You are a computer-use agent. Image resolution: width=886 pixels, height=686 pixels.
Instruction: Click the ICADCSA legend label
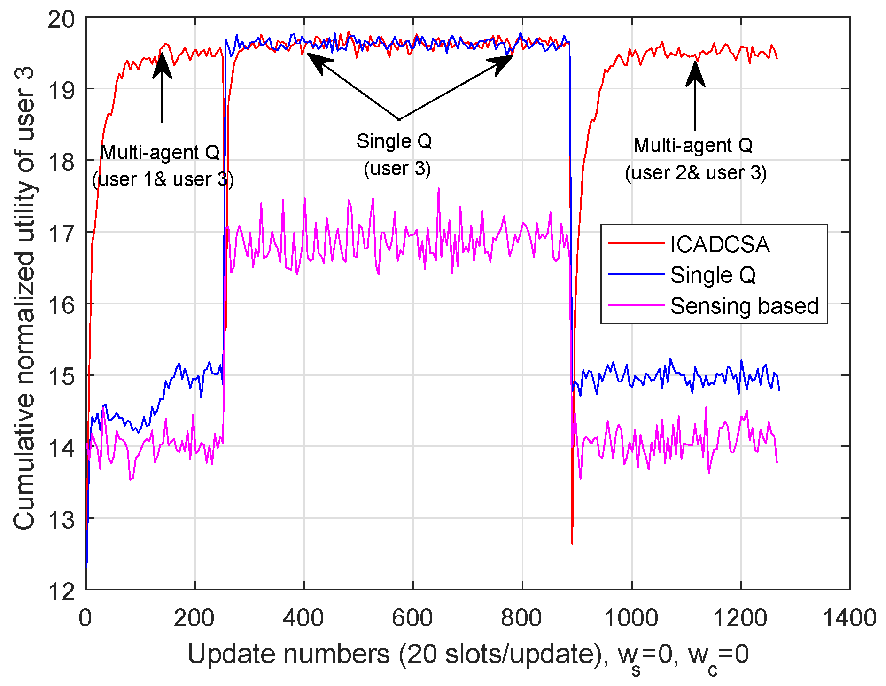[x=720, y=244]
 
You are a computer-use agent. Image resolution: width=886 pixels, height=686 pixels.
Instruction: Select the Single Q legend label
[x=713, y=275]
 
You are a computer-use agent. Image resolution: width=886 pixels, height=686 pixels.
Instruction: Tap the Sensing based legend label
[x=744, y=306]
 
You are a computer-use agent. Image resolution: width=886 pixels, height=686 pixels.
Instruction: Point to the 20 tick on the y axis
[x=61, y=19]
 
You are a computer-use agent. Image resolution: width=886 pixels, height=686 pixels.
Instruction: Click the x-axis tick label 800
[x=521, y=618]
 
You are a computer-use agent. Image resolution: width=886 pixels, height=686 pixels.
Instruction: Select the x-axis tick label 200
[x=194, y=618]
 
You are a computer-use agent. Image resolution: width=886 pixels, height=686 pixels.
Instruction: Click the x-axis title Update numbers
[x=467, y=655]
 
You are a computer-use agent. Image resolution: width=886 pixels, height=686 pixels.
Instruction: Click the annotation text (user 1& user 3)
[x=163, y=179]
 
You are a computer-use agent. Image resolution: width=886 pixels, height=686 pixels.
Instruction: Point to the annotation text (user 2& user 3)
[x=695, y=173]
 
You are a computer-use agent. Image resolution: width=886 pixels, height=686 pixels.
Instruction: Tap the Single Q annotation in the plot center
[x=394, y=141]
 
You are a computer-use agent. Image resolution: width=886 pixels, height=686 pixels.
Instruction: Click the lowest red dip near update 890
[x=572, y=543]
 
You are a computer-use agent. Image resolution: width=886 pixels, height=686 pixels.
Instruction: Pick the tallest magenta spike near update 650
[x=439, y=188]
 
